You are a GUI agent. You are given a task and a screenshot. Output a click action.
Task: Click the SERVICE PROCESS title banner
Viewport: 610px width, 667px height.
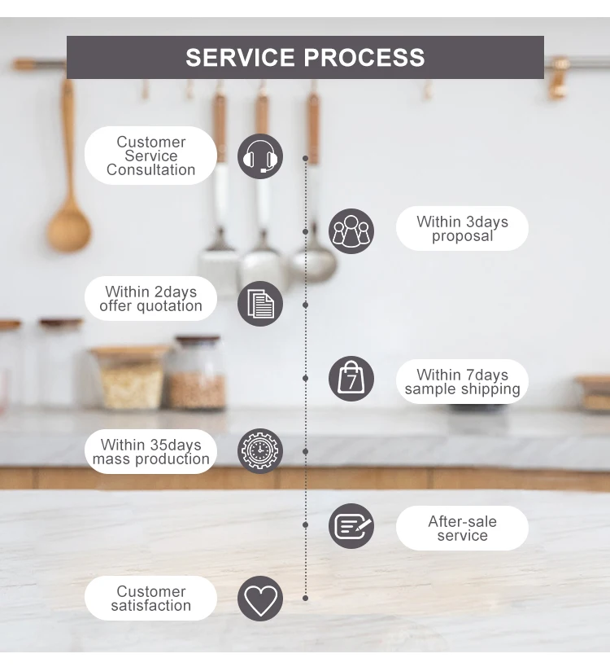click(305, 57)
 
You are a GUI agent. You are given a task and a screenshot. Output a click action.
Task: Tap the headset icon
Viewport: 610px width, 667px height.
click(260, 156)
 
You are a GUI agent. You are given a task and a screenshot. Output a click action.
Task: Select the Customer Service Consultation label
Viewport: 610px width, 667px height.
click(151, 156)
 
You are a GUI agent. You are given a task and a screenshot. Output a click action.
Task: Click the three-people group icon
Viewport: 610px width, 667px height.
click(351, 230)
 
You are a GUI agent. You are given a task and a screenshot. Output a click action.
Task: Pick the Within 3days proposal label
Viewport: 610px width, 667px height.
click(462, 229)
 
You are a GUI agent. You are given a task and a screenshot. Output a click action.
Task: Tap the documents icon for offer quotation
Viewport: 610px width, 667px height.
click(260, 304)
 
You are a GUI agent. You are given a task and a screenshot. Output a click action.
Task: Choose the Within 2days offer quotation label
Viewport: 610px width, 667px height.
click(151, 299)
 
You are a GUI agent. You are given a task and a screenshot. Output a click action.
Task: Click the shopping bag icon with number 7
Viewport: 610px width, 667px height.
click(351, 379)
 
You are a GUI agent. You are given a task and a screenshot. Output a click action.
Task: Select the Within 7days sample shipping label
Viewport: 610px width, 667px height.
click(462, 382)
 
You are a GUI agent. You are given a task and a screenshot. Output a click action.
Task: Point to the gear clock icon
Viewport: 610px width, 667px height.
click(260, 451)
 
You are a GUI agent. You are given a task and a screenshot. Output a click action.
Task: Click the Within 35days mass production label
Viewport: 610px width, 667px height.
click(151, 452)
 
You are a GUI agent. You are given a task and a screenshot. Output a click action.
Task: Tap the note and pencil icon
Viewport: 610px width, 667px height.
click(351, 526)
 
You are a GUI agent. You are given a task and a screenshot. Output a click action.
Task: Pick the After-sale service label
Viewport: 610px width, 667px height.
click(462, 528)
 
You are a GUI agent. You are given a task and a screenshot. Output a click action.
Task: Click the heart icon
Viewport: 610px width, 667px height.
click(260, 599)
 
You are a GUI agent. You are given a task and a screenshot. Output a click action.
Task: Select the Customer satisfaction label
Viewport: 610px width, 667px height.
click(151, 599)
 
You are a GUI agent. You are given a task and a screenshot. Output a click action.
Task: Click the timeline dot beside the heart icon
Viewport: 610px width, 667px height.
click(306, 598)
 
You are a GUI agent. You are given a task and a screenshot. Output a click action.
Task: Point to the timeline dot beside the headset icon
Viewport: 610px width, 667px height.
click(306, 158)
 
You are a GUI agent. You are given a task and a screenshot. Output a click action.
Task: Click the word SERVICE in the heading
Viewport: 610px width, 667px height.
click(241, 58)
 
